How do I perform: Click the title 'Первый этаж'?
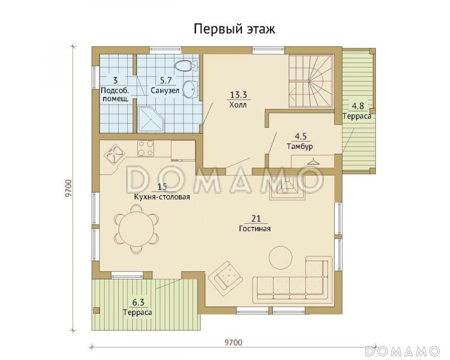[235, 29]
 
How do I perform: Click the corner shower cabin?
[150, 117]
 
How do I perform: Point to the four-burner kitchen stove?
[146, 148]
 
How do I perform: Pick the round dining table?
[134, 228]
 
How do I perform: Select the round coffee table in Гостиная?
[280, 258]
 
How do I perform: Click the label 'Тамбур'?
[299, 146]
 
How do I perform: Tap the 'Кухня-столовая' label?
[162, 197]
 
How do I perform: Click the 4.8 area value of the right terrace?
[357, 106]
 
